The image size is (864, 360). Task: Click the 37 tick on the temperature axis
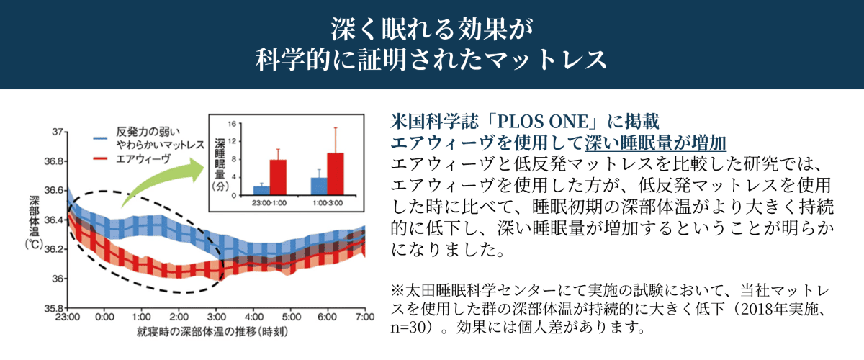pos(54,132)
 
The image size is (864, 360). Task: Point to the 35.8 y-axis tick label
pos(52,307)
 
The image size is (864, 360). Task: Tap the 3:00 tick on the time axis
pos(217,317)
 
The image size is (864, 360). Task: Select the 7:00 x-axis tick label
pos(365,317)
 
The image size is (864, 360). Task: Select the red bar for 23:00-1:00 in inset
pos(278,177)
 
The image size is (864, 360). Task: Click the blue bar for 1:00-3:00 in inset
pos(318,186)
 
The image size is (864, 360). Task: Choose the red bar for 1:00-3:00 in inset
pos(336,174)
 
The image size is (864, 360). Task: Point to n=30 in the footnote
pos(410,330)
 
